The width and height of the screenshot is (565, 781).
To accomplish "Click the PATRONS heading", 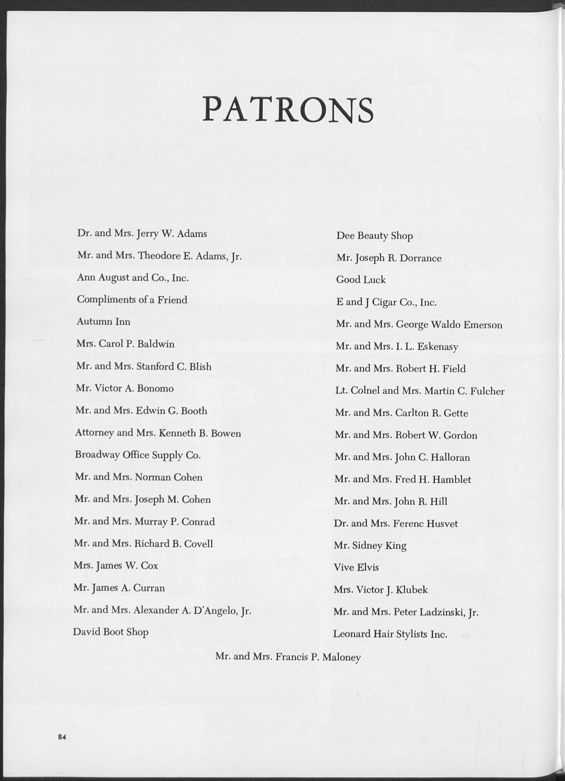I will tap(288, 109).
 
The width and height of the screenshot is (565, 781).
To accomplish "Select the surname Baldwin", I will tap(156, 344).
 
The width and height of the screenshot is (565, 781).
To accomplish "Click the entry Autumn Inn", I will tap(104, 322).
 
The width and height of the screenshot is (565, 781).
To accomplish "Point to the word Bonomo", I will tap(155, 388).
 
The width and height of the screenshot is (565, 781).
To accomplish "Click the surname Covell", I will tap(199, 543).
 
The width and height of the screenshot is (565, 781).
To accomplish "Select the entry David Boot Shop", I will tap(111, 632).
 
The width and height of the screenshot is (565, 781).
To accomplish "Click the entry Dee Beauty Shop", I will tap(374, 236).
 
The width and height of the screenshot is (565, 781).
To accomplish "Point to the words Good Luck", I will tap(361, 280).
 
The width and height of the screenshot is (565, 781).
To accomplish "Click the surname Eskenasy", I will tap(438, 347).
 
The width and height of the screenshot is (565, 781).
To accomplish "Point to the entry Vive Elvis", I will tap(356, 567).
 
